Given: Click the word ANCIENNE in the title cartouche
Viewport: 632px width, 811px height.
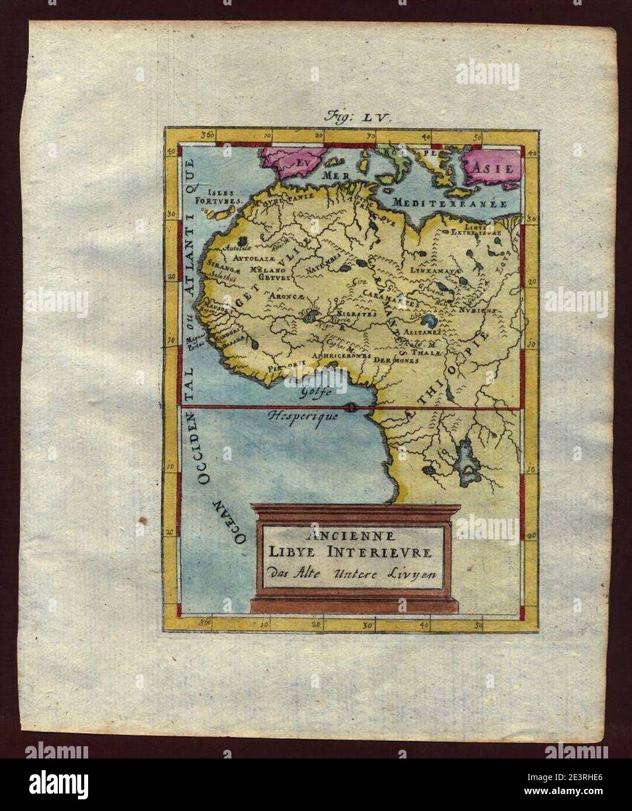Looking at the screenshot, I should [x=349, y=536].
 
